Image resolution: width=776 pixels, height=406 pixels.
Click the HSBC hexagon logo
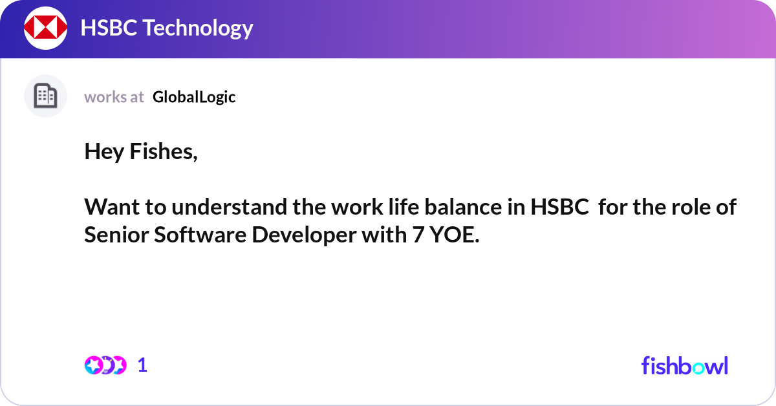click(46, 28)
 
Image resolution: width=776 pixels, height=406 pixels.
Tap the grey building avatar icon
click(45, 96)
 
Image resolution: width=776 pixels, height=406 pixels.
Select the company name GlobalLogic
click(194, 97)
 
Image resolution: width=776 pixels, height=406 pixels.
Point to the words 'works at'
click(114, 97)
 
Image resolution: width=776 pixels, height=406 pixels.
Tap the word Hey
click(104, 152)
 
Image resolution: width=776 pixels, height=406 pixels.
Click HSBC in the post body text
click(559, 208)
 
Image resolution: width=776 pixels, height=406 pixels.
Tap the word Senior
click(116, 235)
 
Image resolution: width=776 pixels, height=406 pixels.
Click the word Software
click(200, 235)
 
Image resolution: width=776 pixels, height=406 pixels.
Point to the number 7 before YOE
click(418, 235)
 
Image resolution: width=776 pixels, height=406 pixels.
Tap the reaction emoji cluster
click(105, 365)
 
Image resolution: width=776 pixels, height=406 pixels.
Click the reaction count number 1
click(142, 365)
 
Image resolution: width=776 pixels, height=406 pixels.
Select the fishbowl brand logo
click(684, 365)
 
